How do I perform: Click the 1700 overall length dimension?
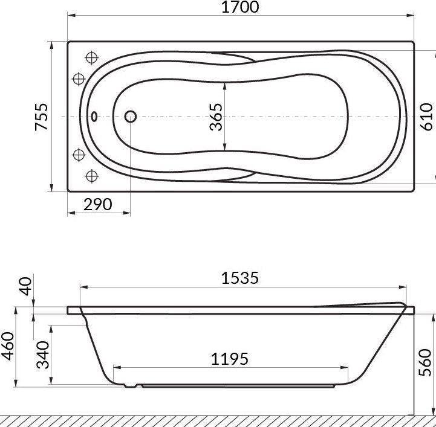[x=241, y=8]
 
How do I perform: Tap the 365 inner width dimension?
[x=216, y=116]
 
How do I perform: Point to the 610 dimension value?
[x=426, y=116]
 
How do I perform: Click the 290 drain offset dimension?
[x=99, y=204]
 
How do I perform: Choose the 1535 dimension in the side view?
[x=240, y=278]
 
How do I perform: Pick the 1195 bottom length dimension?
[x=230, y=359]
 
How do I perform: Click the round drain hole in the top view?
[x=130, y=116]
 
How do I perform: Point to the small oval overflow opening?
[x=94, y=117]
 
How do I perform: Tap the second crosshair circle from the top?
[x=78, y=79]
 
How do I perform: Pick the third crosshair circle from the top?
[x=78, y=155]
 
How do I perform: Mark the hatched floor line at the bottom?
[x=218, y=420]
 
